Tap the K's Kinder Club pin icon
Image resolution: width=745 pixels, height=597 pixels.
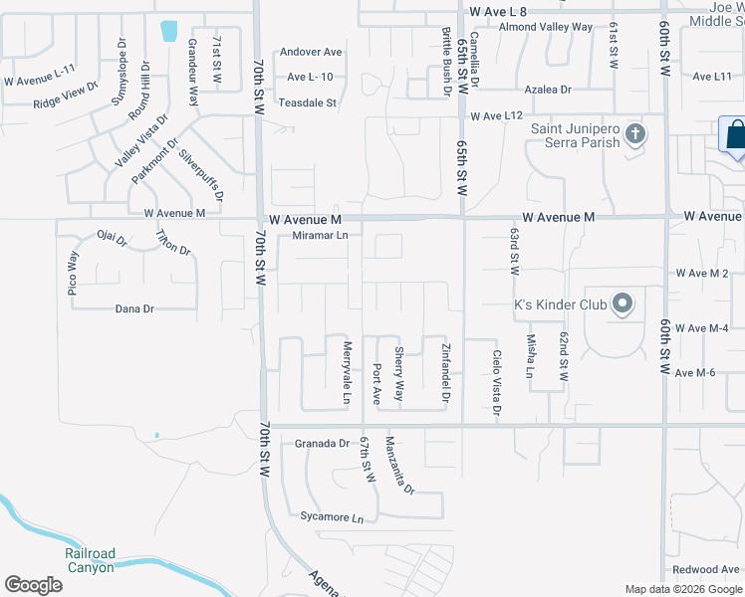click(x=622, y=304)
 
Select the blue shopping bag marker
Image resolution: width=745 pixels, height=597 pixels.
click(x=734, y=135)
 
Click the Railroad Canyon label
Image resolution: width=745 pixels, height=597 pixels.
click(x=91, y=560)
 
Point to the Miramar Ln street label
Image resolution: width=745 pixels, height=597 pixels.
click(x=321, y=236)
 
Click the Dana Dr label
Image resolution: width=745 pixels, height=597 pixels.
click(x=134, y=309)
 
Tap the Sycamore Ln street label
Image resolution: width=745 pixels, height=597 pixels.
click(x=332, y=517)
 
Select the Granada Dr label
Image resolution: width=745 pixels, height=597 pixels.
click(x=324, y=444)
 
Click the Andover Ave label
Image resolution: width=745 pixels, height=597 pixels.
click(x=311, y=52)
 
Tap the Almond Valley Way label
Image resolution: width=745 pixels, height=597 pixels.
click(x=545, y=27)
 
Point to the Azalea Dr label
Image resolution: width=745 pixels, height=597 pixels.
click(x=550, y=90)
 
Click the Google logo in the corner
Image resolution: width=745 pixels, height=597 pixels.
click(x=33, y=584)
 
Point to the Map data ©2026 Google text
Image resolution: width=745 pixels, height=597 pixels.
click(x=683, y=589)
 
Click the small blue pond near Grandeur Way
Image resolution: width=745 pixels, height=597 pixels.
click(x=169, y=32)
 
